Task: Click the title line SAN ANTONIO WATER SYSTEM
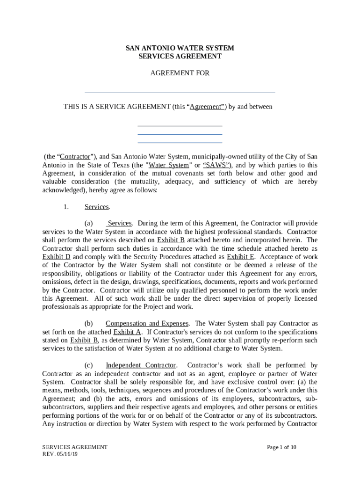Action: (x=180, y=48)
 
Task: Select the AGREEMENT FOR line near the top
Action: (x=180, y=73)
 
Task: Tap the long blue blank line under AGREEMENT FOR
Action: (x=180, y=93)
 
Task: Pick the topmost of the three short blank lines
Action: (x=180, y=126)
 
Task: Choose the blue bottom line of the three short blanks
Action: (x=180, y=142)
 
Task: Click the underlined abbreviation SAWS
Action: (x=216, y=165)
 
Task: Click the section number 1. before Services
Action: (x=66, y=207)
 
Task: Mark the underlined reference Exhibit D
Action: (x=56, y=257)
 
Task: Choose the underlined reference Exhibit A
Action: (x=128, y=332)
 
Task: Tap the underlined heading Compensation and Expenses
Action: (x=147, y=324)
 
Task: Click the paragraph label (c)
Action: (x=88, y=365)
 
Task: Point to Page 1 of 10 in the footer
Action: (x=281, y=447)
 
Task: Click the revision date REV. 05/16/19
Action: (x=60, y=454)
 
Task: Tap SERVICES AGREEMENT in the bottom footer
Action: (x=75, y=447)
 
